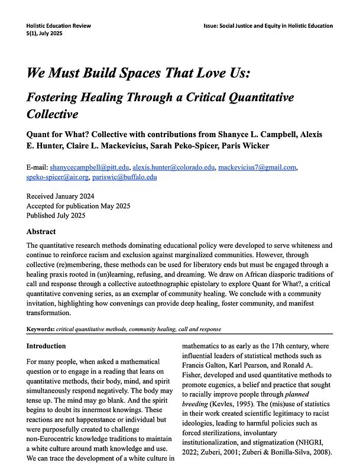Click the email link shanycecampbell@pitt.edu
(89, 168)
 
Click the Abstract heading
(41, 232)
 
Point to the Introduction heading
(46, 346)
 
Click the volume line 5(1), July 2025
(44, 33)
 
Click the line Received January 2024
(60, 196)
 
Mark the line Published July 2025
(56, 215)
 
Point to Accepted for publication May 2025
(78, 206)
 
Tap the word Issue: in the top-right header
(215, 25)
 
